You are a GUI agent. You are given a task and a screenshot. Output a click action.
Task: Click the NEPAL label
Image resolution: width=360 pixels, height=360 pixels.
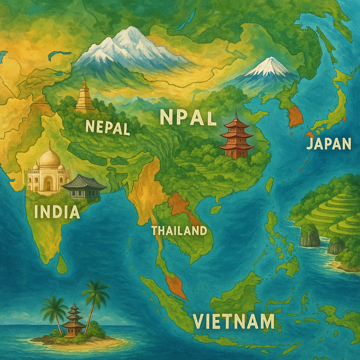coord(108,127)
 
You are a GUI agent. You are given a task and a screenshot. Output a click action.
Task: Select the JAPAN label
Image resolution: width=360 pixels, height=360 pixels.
coord(329,143)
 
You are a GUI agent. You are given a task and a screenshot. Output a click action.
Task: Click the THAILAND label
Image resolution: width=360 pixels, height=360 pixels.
coord(179,231)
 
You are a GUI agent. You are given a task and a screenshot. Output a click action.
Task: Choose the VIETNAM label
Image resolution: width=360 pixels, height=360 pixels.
coord(233,321)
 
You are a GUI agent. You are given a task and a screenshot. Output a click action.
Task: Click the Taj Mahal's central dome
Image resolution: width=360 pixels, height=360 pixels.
coord(50,158)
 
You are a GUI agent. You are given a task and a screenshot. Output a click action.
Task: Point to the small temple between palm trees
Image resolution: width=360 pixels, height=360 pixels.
coord(73,321)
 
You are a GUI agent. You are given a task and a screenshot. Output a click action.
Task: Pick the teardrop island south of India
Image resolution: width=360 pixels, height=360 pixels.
coord(62,264)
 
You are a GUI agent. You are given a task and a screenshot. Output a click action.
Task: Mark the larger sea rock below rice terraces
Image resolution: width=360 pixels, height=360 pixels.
coord(310,236)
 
